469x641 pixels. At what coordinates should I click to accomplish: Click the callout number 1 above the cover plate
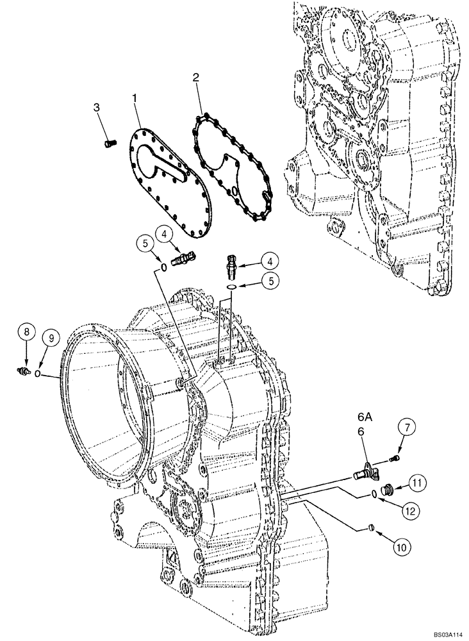[x=135, y=98]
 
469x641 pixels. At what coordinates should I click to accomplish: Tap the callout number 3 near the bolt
[x=97, y=107]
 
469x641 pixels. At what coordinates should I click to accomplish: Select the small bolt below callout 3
[x=109, y=144]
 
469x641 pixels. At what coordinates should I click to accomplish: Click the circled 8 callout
[x=26, y=332]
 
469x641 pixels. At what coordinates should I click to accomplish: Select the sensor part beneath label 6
[x=365, y=472]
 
